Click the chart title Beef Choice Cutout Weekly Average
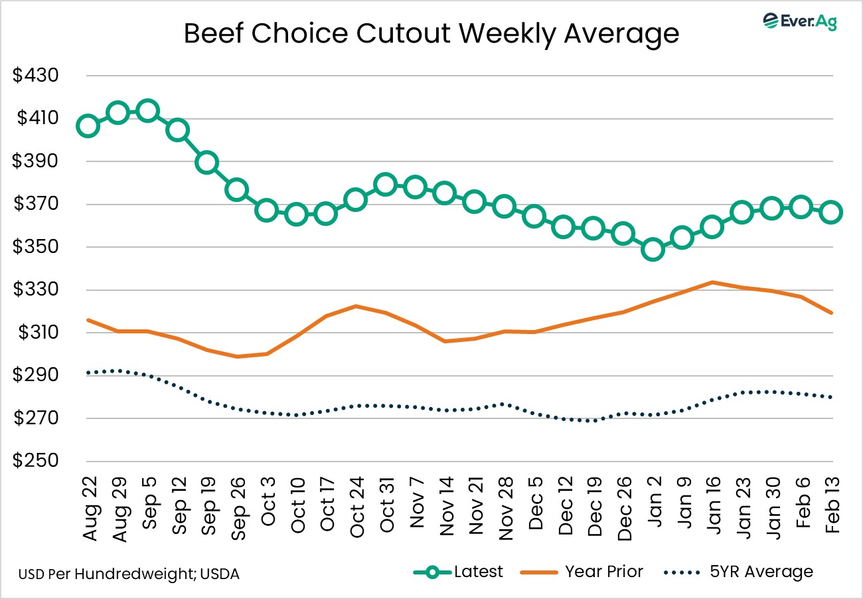pos(431,33)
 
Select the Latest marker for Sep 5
pos(147,111)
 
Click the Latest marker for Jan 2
pos(653,250)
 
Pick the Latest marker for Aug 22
pos(88,126)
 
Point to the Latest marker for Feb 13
pos(831,213)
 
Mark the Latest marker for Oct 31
pos(385,184)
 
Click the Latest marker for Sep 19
pos(206,163)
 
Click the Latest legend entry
pos(458,571)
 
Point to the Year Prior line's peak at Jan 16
pos(712,282)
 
